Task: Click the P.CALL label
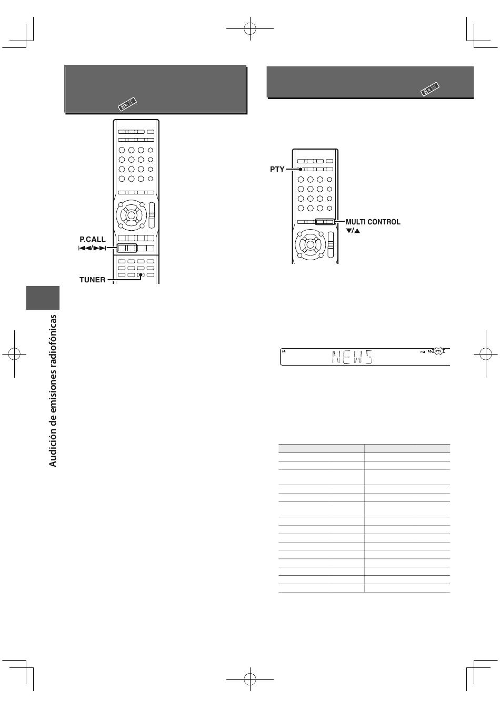pyautogui.click(x=93, y=239)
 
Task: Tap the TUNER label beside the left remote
pyautogui.click(x=92, y=280)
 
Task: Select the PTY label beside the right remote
pyautogui.click(x=277, y=169)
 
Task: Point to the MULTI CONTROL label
pyautogui.click(x=373, y=222)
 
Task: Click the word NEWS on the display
pyautogui.click(x=352, y=357)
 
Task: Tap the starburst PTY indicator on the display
pyautogui.click(x=438, y=351)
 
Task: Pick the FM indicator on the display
pyautogui.click(x=423, y=352)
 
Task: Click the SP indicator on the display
pyautogui.click(x=284, y=351)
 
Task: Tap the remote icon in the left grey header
pyautogui.click(x=127, y=104)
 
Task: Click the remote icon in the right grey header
pyautogui.click(x=430, y=89)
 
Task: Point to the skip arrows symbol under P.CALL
pyautogui.click(x=92, y=248)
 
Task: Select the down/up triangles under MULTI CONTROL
pyautogui.click(x=353, y=231)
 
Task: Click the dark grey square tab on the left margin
pyautogui.click(x=43, y=298)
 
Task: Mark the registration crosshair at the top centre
pyautogui.click(x=250, y=29)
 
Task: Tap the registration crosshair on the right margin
pyautogui.click(x=486, y=354)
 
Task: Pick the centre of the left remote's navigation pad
pyautogui.click(x=131, y=215)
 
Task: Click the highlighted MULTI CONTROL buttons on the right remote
pyautogui.click(x=325, y=222)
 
